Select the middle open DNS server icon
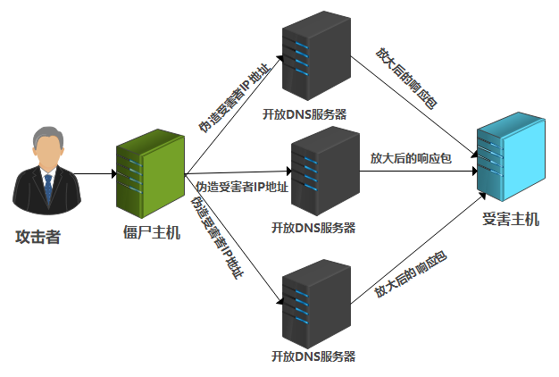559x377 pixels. [x=322, y=171]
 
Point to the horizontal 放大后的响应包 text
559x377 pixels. [x=411, y=158]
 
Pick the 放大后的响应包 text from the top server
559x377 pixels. [x=406, y=80]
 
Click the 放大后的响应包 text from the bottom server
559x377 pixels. [x=410, y=273]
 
